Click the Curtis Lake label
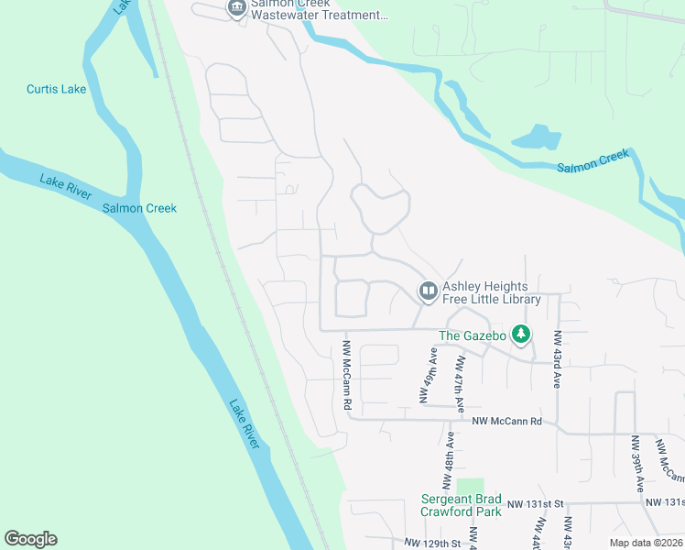click(x=56, y=89)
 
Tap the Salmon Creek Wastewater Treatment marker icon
click(x=237, y=9)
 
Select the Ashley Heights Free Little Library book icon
click(x=428, y=291)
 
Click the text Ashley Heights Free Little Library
click(x=492, y=292)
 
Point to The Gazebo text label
click(x=473, y=335)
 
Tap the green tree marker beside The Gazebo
click(x=521, y=334)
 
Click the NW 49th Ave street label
click(x=426, y=376)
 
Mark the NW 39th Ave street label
click(x=636, y=464)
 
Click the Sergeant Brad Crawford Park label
click(x=461, y=505)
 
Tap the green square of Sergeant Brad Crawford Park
click(x=470, y=487)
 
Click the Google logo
click(x=30, y=539)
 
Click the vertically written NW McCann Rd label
click(x=347, y=375)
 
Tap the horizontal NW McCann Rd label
click(x=507, y=422)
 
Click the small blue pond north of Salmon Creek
click(x=536, y=138)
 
